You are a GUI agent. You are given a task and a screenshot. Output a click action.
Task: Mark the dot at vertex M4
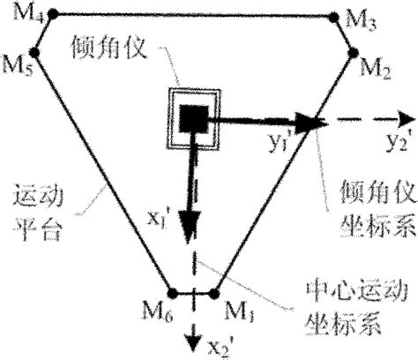(x=52, y=14)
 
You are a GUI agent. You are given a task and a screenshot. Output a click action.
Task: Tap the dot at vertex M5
(x=41, y=52)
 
